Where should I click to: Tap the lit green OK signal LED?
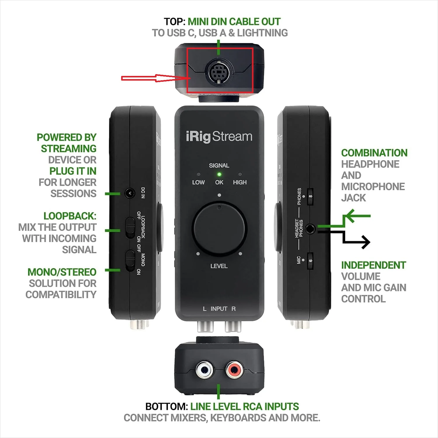219,175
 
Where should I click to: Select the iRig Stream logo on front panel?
219,137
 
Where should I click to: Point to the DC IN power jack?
129,193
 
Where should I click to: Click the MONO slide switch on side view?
130,260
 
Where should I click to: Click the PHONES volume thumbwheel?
310,197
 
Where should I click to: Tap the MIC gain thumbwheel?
310,260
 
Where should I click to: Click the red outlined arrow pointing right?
155,78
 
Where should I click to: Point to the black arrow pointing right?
362,242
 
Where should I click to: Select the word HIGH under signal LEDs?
240,182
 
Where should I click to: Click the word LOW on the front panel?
198,182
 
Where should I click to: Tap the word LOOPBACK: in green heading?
70,216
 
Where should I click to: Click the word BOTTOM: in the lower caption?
166,406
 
